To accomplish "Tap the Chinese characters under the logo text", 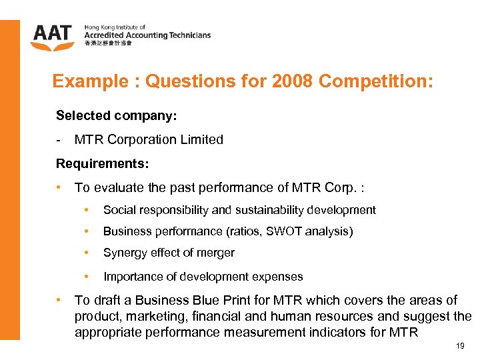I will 108,43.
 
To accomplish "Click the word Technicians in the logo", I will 186,35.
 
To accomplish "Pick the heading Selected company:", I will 116,115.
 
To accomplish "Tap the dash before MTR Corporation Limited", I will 60,139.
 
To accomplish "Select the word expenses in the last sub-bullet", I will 281,276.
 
